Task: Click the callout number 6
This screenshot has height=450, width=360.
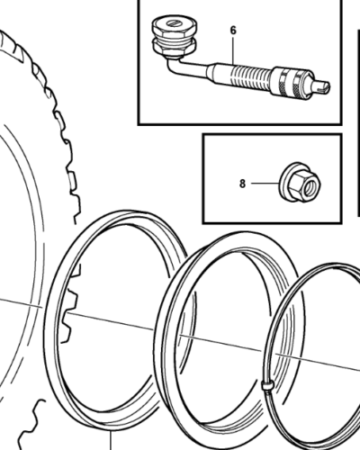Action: pos(233,31)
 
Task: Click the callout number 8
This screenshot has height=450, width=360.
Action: pos(242,184)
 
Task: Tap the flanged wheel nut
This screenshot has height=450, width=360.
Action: pos(300,183)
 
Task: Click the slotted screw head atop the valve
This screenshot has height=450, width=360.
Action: pos(175,23)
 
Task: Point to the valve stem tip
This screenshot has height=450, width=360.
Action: pos(320,86)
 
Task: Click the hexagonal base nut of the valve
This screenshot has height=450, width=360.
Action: pos(174,48)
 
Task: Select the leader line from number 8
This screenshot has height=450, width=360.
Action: pos(265,183)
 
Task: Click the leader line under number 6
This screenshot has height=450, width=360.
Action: pos(233,51)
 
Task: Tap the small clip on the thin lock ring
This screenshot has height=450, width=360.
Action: pos(267,385)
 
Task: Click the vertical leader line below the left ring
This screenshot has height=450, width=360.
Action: pos(111,440)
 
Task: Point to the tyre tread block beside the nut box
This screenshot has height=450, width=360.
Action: pos(72,180)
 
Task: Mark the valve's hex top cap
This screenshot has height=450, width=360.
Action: pos(175,28)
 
